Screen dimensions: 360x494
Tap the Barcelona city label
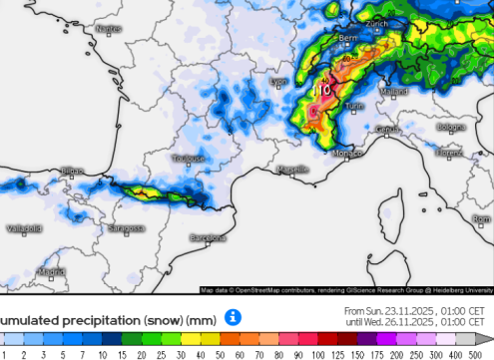209,238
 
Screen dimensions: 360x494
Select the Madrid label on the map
52,270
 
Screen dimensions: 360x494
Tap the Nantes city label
108,29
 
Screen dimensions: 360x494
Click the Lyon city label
280,82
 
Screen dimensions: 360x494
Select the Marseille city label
292,171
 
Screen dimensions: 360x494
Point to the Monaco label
345,155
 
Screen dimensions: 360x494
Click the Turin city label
353,105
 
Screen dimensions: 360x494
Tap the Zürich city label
376,22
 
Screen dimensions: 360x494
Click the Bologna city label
451,127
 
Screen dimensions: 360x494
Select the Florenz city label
449,153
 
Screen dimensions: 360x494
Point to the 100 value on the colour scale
317,355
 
